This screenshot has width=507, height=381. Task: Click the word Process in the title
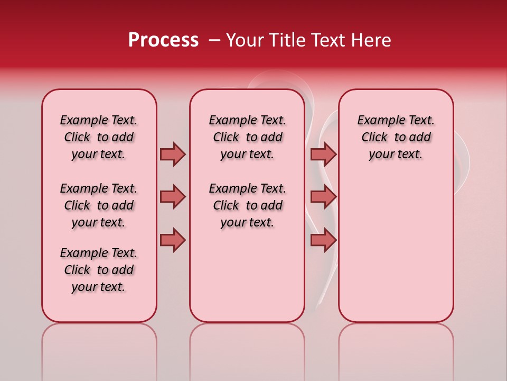(163, 40)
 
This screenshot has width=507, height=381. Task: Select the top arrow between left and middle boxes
(173, 154)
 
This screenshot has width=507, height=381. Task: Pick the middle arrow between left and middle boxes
(173, 197)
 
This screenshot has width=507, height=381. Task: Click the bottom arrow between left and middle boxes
(173, 240)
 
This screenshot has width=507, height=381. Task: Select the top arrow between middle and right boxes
(323, 154)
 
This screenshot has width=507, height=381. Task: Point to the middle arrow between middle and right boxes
(323, 197)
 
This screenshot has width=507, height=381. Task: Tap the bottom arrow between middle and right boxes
(323, 240)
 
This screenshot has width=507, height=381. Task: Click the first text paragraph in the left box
(99, 137)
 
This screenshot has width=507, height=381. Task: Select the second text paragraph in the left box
(99, 205)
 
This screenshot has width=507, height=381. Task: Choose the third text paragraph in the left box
(99, 270)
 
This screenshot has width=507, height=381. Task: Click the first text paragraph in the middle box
(248, 137)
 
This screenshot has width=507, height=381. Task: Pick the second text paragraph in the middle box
(248, 205)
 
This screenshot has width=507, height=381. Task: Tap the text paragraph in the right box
(396, 137)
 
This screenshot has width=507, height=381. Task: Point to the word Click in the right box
(374, 138)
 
